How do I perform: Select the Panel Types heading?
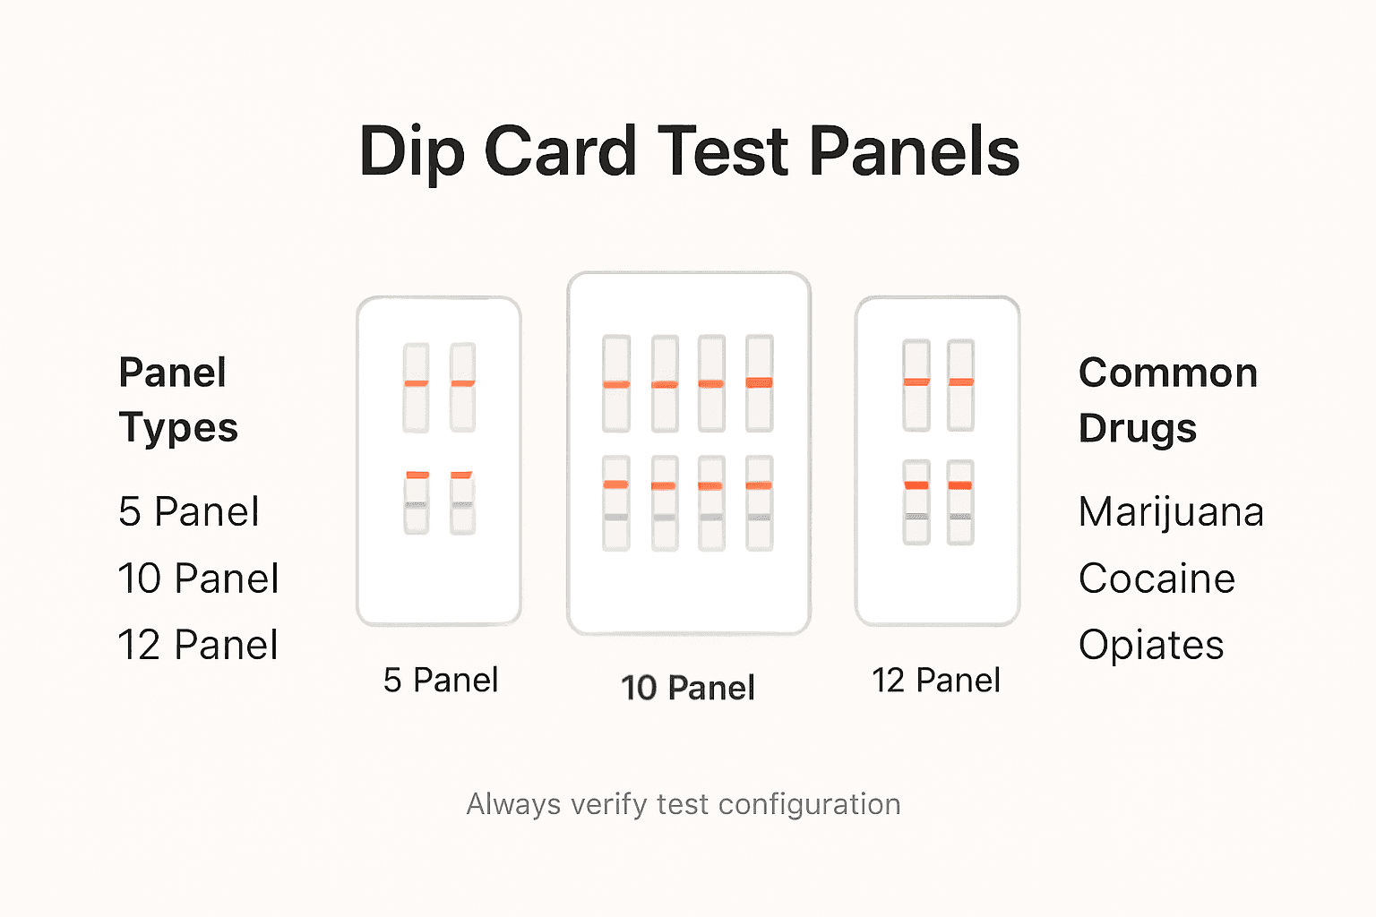click(178, 399)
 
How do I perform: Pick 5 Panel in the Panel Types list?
click(189, 512)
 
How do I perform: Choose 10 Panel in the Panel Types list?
click(199, 578)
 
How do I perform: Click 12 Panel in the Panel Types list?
click(199, 645)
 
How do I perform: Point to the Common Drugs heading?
click(1167, 399)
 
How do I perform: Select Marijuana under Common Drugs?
click(1171, 512)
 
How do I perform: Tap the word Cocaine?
click(1157, 578)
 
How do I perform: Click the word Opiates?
click(1151, 645)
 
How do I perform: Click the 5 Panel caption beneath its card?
click(440, 681)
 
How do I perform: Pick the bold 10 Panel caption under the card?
click(688, 688)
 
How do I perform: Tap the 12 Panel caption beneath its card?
click(936, 681)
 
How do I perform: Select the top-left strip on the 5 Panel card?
click(416, 387)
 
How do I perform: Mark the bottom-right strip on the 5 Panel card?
click(462, 502)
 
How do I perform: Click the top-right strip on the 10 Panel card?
click(760, 383)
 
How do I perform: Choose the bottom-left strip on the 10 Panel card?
click(616, 502)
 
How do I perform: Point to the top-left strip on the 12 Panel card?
click(916, 385)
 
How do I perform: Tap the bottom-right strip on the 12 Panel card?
click(960, 501)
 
